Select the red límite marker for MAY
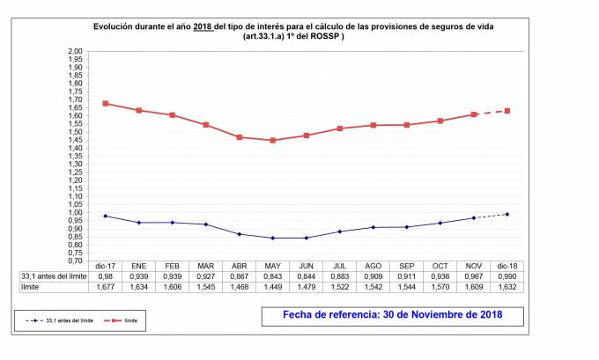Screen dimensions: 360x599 click(x=273, y=141)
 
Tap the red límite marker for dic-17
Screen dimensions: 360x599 click(x=106, y=103)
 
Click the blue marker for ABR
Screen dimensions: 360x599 click(x=240, y=234)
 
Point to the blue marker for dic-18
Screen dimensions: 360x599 click(x=507, y=214)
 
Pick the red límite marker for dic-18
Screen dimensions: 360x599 click(x=507, y=111)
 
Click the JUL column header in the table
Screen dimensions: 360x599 click(x=340, y=265)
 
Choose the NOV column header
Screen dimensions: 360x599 click(x=474, y=265)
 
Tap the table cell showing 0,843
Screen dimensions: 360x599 click(x=273, y=276)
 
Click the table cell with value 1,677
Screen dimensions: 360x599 click(x=106, y=288)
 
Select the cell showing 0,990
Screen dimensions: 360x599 click(x=507, y=276)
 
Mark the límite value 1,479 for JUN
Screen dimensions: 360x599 click(x=307, y=288)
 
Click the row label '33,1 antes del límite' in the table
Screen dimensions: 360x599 click(x=52, y=276)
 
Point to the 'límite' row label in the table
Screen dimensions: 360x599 click(x=32, y=288)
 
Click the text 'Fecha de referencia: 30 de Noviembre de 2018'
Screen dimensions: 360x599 click(x=392, y=314)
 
